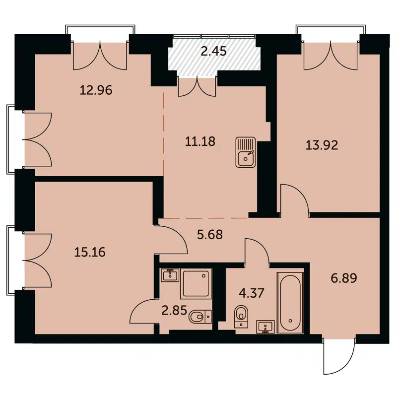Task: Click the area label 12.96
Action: click(96, 90)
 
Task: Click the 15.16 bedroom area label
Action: click(90, 252)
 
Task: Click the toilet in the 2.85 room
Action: click(200, 315)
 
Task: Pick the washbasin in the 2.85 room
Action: click(170, 274)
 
